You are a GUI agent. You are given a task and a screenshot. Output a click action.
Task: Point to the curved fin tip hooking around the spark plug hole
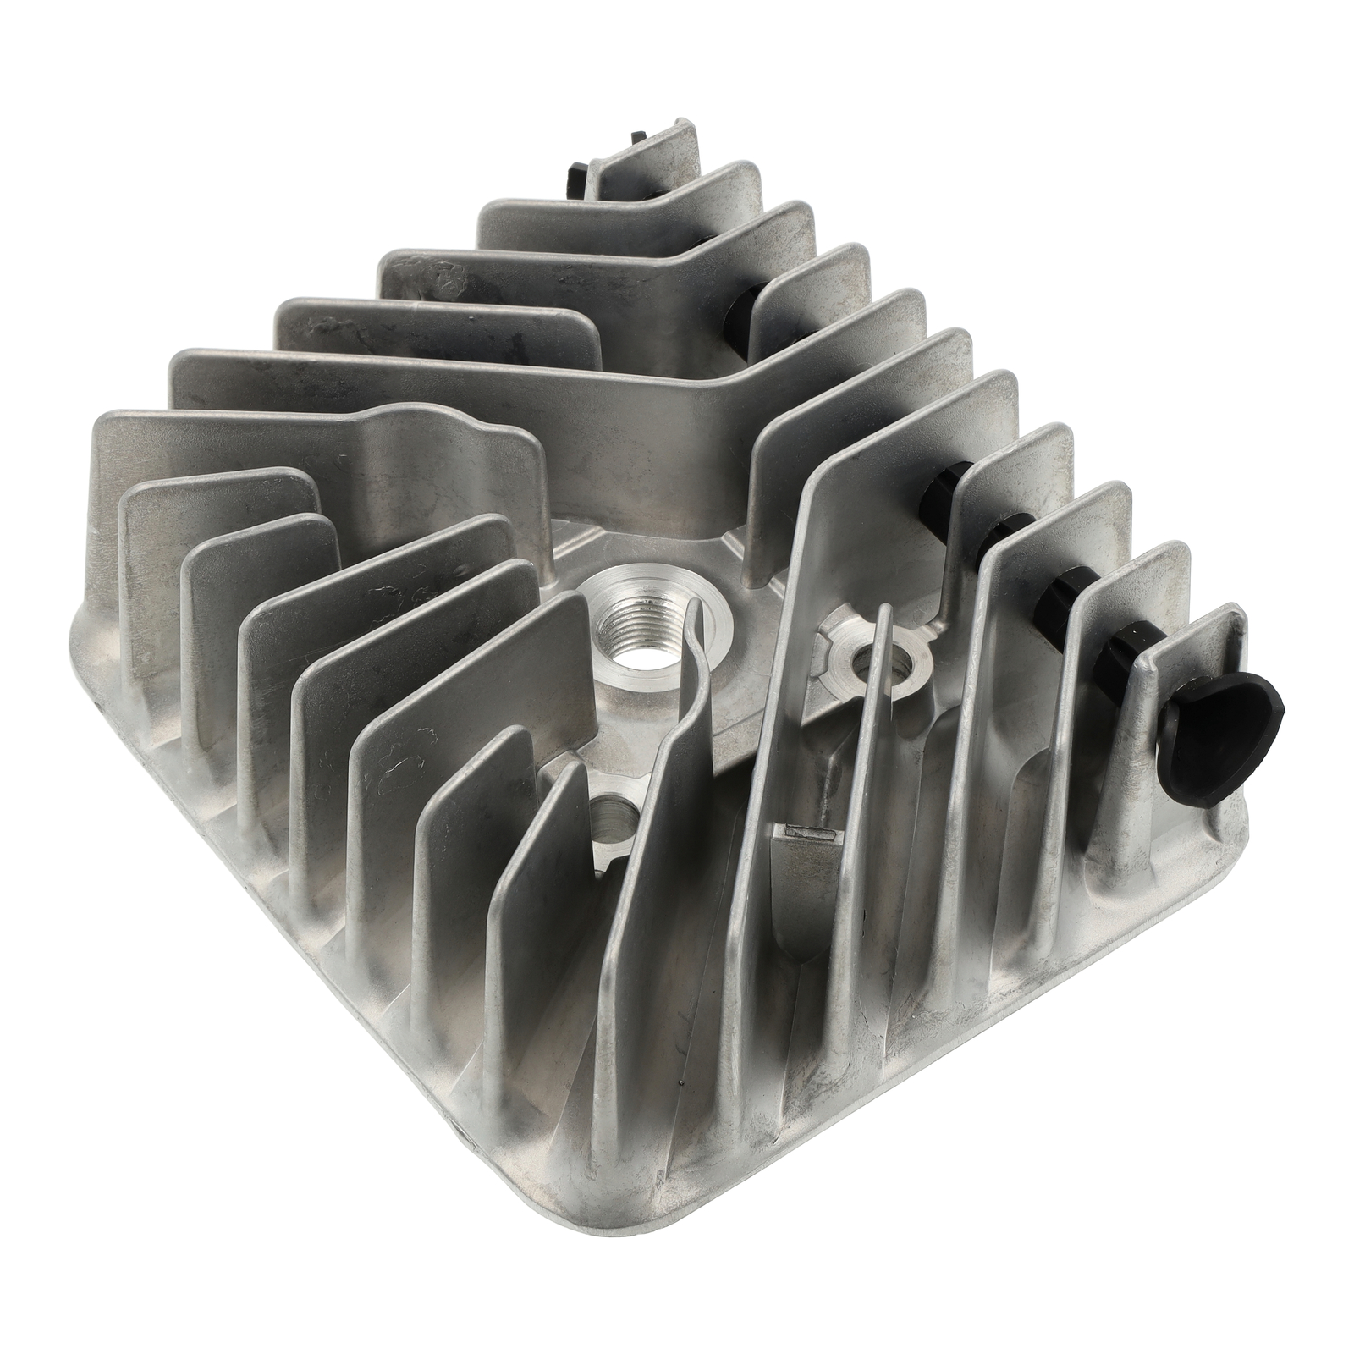coord(696,608)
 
